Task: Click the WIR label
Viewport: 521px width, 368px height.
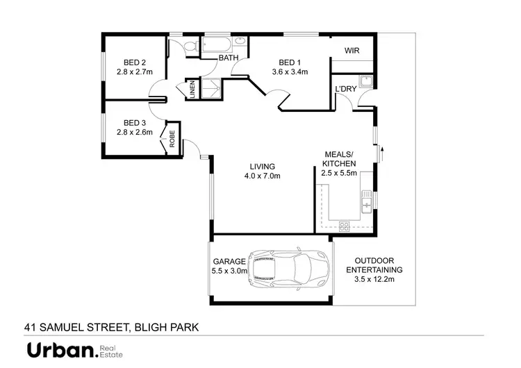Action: click(351, 51)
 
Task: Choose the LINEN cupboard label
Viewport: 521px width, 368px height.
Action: click(192, 92)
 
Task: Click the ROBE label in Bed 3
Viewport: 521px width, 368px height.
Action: click(172, 139)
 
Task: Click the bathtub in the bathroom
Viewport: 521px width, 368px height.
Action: click(217, 46)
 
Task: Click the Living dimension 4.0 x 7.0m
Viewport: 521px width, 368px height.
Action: click(262, 176)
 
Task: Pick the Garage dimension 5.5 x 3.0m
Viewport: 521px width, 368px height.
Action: click(229, 271)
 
